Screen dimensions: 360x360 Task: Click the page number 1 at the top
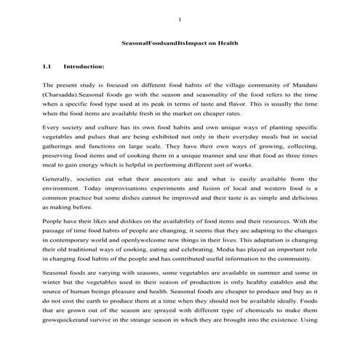click(x=180, y=18)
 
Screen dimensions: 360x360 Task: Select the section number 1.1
click(x=47, y=68)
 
